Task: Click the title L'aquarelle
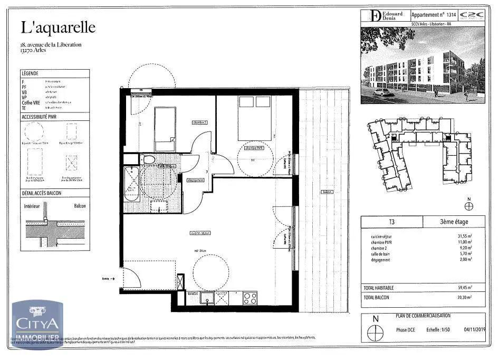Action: (58, 27)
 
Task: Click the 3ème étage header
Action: (454, 221)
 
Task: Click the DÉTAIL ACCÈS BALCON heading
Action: (42, 193)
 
